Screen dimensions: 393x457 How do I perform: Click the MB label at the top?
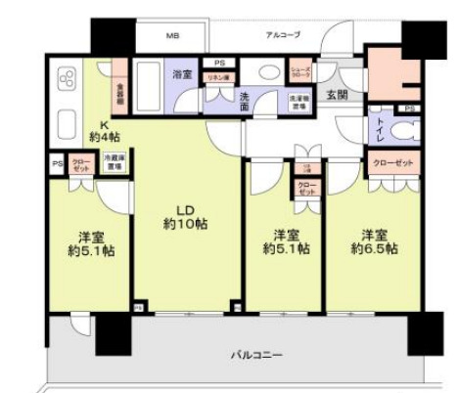point(172,36)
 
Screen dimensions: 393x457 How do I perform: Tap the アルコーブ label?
point(283,35)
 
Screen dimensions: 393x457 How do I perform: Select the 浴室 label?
point(183,73)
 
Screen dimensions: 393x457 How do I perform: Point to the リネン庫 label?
point(215,76)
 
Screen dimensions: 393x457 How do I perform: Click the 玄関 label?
point(337,94)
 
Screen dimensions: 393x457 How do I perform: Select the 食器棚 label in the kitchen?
point(121,96)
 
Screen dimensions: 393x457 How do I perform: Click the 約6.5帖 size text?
point(377,250)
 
